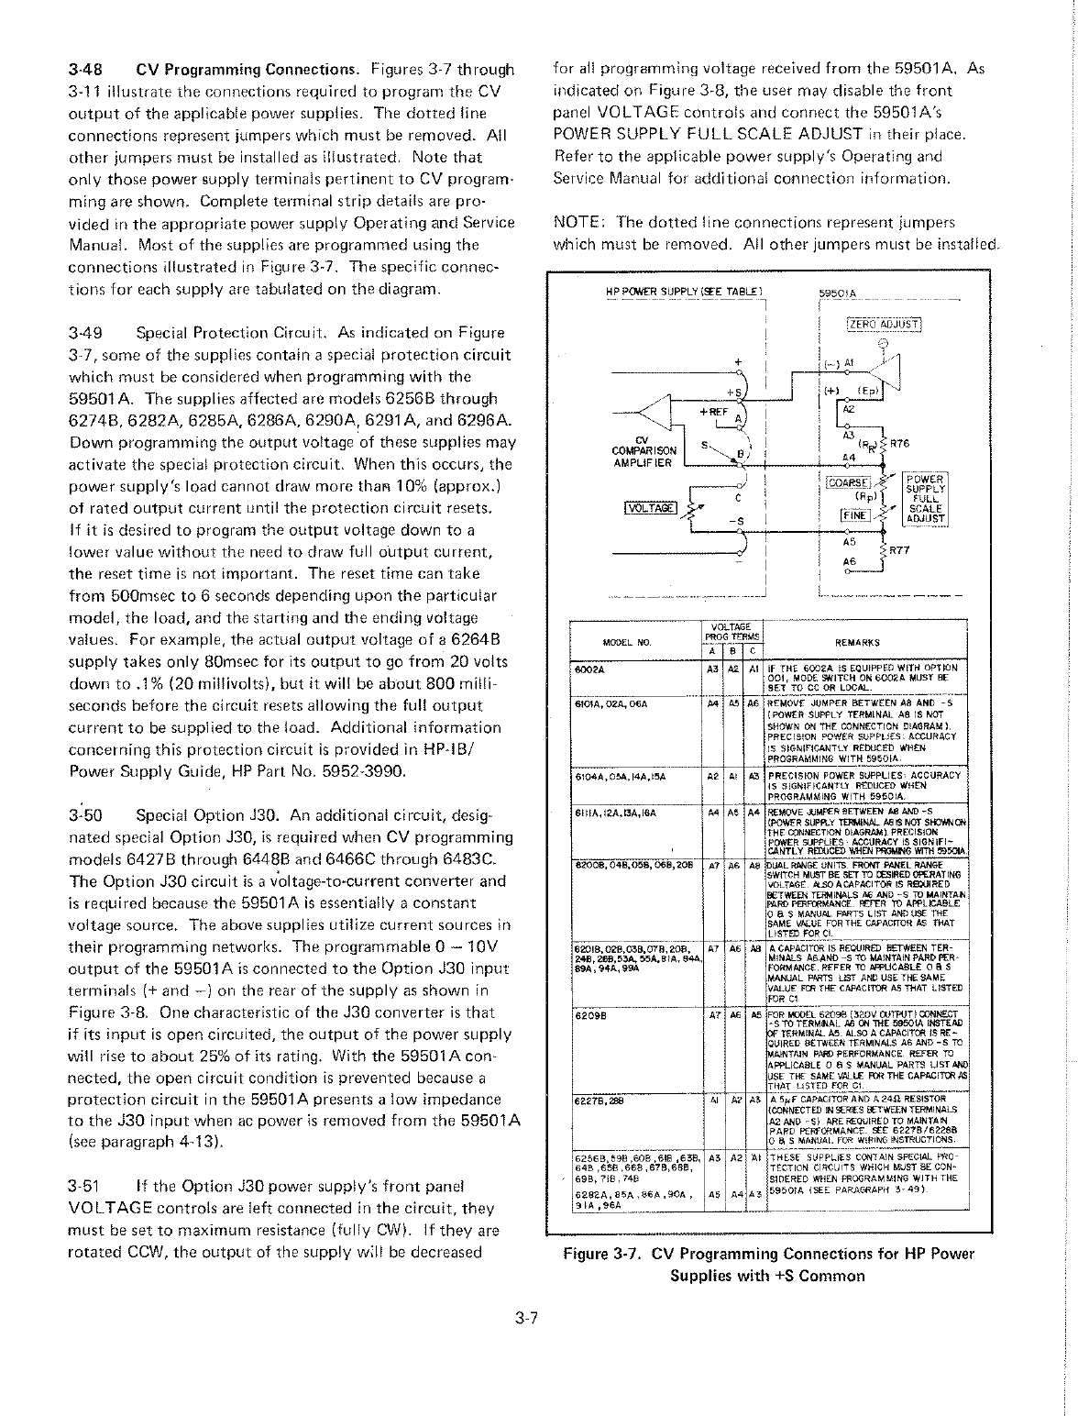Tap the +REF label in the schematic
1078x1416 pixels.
click(x=713, y=412)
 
